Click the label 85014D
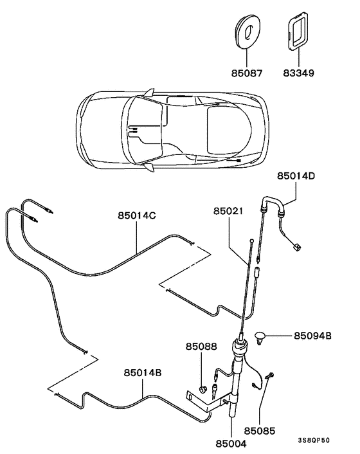297,174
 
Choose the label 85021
228,210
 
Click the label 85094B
313,335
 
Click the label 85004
230,442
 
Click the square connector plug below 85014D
296,245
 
